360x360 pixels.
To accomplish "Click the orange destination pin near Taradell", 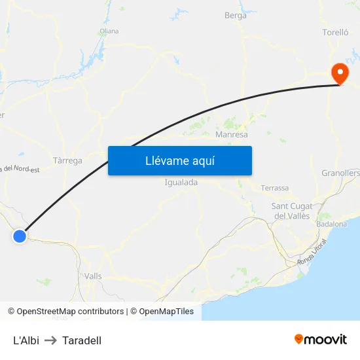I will coord(340,72).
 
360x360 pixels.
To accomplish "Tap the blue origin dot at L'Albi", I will coord(20,236).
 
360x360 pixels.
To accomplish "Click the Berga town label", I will coord(236,16).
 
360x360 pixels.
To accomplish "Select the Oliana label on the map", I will coord(109,31).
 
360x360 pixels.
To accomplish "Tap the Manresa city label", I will coord(232,135).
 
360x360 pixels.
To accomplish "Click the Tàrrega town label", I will coord(67,160).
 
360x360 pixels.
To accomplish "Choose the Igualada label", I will coord(181,183).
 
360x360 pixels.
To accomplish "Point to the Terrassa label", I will coord(274,188).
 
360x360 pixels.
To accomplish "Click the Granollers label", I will coord(341,173).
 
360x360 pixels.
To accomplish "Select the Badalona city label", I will coord(331,224).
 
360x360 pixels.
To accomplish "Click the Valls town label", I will coord(93,276).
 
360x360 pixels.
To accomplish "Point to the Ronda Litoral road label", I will coord(312,252).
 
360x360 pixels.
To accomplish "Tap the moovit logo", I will coord(321,339).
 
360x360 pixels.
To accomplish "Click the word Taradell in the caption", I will coord(82,340).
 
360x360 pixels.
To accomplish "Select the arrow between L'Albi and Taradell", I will coord(51,340).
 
